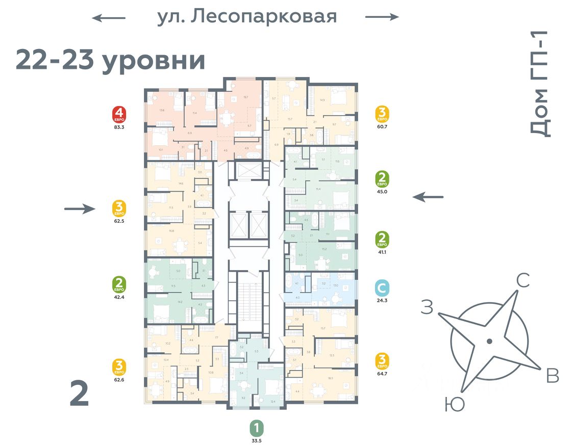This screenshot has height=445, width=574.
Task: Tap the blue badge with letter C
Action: point(382,288)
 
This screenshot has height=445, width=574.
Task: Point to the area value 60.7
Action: point(382,127)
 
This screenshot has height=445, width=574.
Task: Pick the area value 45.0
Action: point(382,192)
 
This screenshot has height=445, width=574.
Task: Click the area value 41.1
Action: point(382,251)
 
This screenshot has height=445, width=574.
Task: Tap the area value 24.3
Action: point(382,300)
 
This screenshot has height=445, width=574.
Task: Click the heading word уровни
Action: point(154,61)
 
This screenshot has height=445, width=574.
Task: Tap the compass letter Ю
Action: point(454,405)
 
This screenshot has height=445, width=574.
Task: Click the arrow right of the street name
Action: point(382,17)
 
